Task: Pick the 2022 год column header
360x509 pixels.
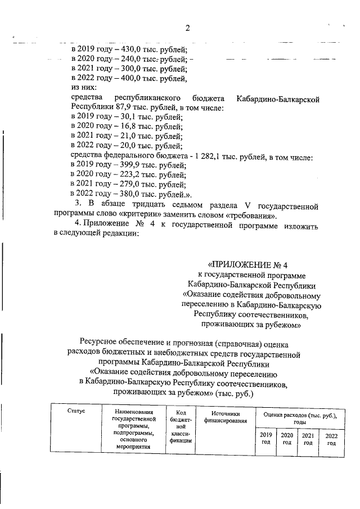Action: (x=331, y=439)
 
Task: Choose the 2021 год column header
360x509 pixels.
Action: (x=308, y=439)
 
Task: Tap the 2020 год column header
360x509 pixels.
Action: (x=287, y=439)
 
